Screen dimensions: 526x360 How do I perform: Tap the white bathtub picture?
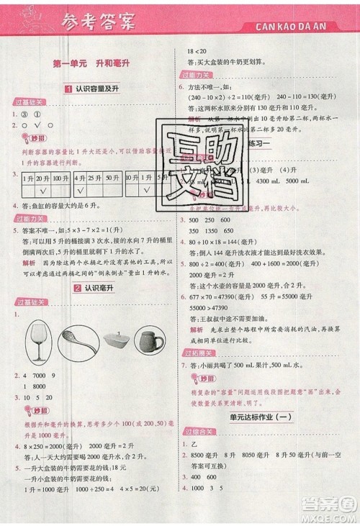tap(115, 347)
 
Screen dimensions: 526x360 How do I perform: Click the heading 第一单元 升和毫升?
tap(91, 65)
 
